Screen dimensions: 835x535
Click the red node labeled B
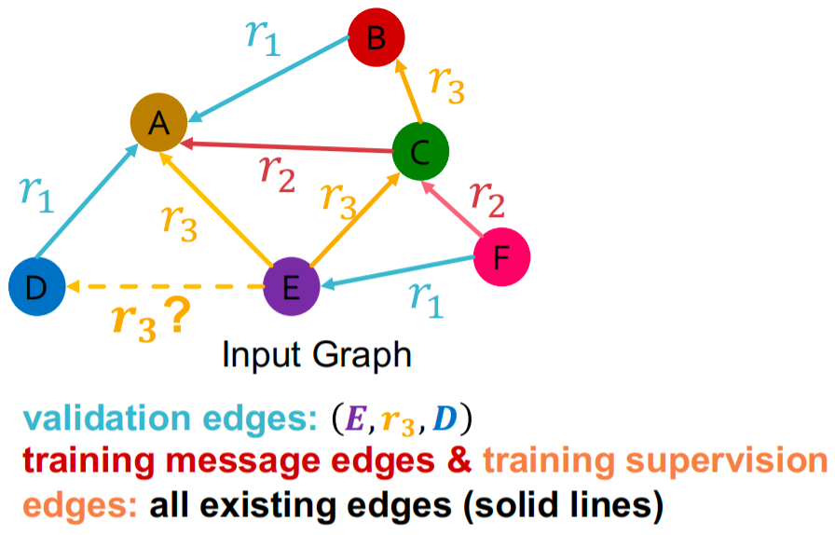376,38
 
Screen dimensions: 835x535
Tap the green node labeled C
420,151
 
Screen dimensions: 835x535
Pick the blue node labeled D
36,287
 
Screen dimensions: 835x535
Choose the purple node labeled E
291,287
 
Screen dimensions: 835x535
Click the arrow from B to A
270,78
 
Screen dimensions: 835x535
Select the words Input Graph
317,355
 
